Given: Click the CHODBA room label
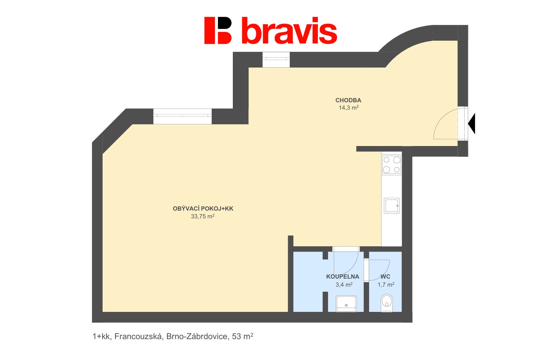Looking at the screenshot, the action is pyautogui.click(x=348, y=100).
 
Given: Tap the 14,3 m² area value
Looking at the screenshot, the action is pyautogui.click(x=349, y=108).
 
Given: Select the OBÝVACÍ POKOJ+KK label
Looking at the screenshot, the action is pyautogui.click(x=203, y=209).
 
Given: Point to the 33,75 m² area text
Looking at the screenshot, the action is pyautogui.click(x=203, y=216).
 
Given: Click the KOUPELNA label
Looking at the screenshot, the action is pyautogui.click(x=342, y=277).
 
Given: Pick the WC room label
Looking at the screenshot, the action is pyautogui.click(x=385, y=277).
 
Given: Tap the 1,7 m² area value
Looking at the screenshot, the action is pyautogui.click(x=386, y=285).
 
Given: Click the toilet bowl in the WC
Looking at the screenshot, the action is pyautogui.click(x=387, y=303).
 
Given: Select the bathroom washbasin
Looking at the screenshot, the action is pyautogui.click(x=346, y=303).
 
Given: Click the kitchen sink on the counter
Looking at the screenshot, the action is pyautogui.click(x=392, y=206).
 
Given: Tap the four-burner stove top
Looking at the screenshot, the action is pyautogui.click(x=392, y=165).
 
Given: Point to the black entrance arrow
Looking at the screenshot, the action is pyautogui.click(x=472, y=123).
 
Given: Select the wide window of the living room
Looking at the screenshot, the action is pyautogui.click(x=182, y=116).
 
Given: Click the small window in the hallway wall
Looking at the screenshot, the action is pyautogui.click(x=276, y=60).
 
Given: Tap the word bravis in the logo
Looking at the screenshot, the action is pyautogui.click(x=289, y=31).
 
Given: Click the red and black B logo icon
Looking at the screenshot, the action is pyautogui.click(x=218, y=31).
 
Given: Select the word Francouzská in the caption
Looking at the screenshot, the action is pyautogui.click(x=138, y=336).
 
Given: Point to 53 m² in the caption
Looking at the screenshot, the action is pyautogui.click(x=243, y=336).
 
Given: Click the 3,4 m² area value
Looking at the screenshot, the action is pyautogui.click(x=344, y=285).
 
